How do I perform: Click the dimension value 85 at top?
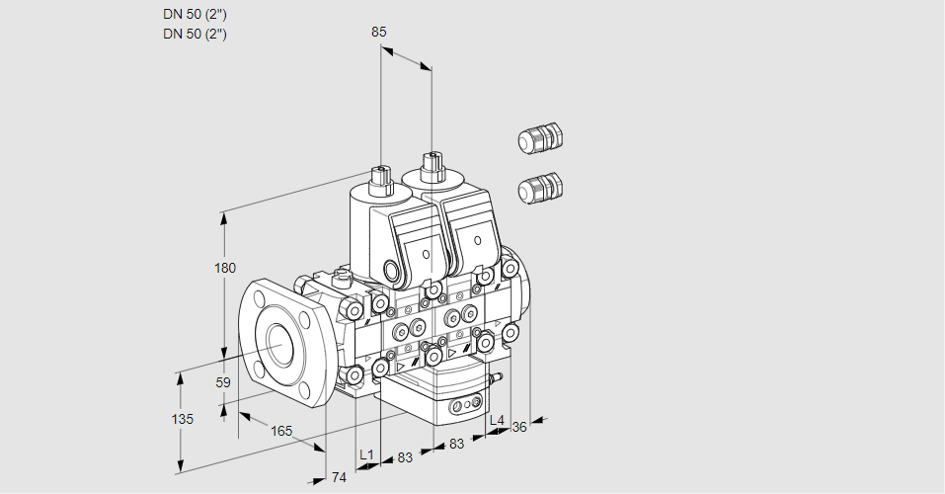378,32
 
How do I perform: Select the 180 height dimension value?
226,269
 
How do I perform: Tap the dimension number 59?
223,382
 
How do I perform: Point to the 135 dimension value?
182,419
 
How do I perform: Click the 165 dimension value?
281,430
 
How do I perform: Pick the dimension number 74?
339,478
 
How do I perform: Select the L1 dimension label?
366,454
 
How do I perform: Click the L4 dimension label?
497,421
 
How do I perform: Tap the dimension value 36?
519,426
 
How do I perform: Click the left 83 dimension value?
405,457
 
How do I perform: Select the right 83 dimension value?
456,444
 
